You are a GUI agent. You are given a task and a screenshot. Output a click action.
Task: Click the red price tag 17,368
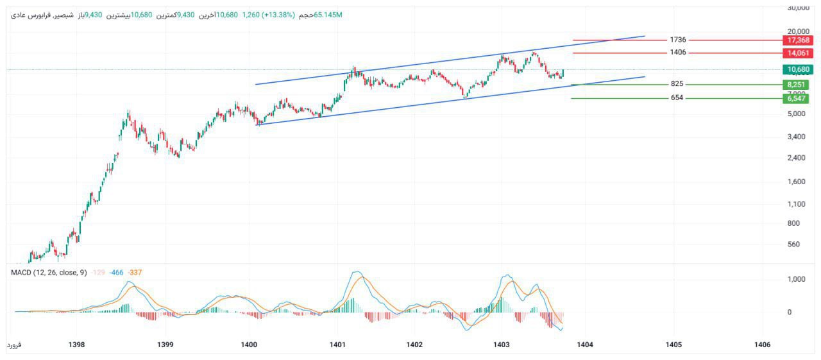(795, 40)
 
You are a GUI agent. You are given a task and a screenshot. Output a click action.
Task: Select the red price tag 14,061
(795, 53)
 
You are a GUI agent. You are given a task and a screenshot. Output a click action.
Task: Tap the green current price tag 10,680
(795, 69)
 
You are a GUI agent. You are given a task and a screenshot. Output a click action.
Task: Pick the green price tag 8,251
(795, 84)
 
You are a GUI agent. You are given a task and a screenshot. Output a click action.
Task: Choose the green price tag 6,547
(795, 98)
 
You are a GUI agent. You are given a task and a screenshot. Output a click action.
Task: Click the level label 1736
(677, 40)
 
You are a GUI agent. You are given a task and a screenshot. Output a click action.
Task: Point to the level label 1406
(677, 52)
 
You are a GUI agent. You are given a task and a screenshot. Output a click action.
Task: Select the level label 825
(677, 84)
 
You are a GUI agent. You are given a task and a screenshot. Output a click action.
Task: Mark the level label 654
(677, 98)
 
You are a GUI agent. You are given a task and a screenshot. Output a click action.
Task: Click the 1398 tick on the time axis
(76, 345)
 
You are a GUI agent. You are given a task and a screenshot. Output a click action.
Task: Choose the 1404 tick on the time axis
(584, 345)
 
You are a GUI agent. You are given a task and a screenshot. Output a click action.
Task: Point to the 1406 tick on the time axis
(762, 345)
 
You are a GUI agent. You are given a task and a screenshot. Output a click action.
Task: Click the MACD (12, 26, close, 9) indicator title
(49, 273)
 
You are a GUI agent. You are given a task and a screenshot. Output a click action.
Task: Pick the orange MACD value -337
(135, 273)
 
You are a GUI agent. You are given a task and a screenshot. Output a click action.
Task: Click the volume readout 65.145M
(328, 14)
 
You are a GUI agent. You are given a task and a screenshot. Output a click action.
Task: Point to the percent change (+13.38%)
(276, 14)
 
